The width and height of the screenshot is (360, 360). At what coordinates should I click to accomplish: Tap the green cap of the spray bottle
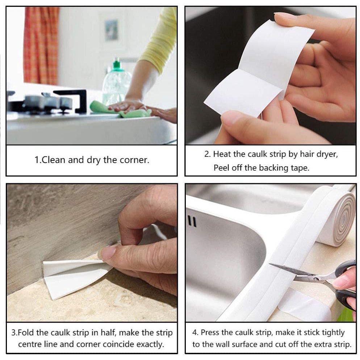coord(116,65)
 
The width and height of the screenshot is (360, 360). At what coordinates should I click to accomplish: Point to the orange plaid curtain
coord(41,43)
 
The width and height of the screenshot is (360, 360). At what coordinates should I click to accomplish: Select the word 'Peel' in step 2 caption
coord(221,168)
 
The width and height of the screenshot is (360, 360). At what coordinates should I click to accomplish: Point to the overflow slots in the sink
coord(192,221)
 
